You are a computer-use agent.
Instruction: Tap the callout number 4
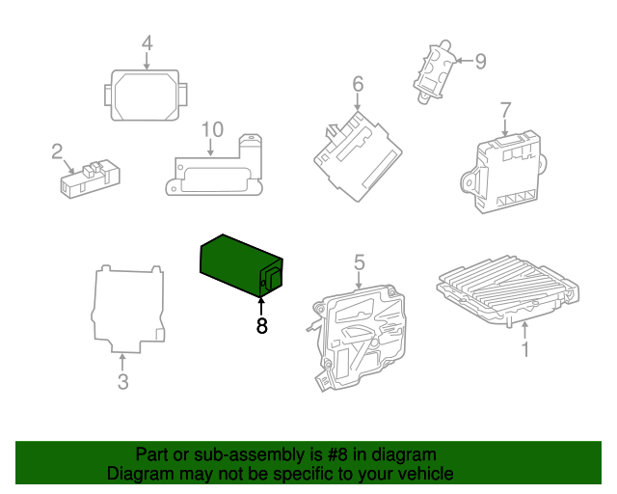pyautogui.click(x=147, y=43)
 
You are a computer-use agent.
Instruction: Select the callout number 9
pyautogui.click(x=479, y=62)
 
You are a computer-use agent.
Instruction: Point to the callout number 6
pyautogui.click(x=358, y=85)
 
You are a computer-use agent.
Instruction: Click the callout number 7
pyautogui.click(x=505, y=108)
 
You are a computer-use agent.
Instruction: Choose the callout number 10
pyautogui.click(x=212, y=129)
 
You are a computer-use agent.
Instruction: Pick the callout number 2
pyautogui.click(x=57, y=151)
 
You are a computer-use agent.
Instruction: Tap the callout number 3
pyautogui.click(x=122, y=382)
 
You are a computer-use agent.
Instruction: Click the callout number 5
pyautogui.click(x=359, y=262)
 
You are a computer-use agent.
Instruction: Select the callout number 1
pyautogui.click(x=525, y=349)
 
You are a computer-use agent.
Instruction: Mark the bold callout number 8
pyautogui.click(x=261, y=327)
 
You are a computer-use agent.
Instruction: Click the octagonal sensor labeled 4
pyautogui.click(x=146, y=95)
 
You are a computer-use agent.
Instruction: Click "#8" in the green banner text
pyautogui.click(x=323, y=454)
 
